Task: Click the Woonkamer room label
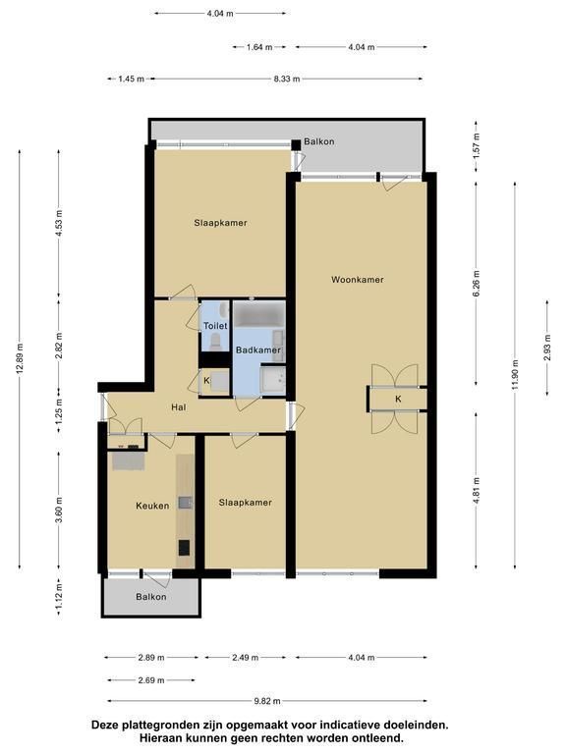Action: pos(357,280)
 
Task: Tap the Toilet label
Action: pos(215,326)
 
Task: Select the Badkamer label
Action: pos(258,350)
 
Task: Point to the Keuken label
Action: pos(152,506)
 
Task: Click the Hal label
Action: pos(179,407)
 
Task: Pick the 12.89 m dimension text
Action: pos(19,358)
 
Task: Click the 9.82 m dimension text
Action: pos(267,701)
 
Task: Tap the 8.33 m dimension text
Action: pos(287,79)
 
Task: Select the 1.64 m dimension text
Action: pos(259,47)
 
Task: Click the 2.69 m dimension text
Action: pos(151,680)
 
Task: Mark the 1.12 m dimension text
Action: pos(59,596)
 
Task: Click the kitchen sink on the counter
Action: pos(186,503)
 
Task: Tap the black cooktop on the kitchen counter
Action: pos(185,547)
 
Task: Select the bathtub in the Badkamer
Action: pos(259,314)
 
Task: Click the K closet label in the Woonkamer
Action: pos(398,400)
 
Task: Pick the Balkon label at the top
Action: pos(319,142)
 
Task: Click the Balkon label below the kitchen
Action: pos(151,597)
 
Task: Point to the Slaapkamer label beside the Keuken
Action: pos(246,503)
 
